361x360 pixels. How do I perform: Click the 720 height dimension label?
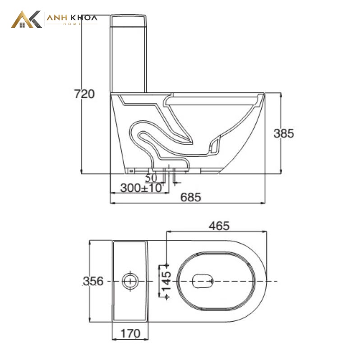[x=84, y=94]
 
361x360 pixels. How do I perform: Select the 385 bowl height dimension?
[x=284, y=133]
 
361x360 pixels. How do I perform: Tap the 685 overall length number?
[x=190, y=197]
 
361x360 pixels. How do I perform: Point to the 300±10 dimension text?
[x=141, y=188]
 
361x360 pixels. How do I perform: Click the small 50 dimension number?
[x=151, y=178]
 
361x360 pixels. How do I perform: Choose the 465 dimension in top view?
[x=219, y=226]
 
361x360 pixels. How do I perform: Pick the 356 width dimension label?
[x=93, y=281]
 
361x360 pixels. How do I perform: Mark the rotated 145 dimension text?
[x=167, y=281]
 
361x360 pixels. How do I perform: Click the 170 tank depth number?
[x=130, y=333]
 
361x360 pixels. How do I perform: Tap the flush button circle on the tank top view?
[x=130, y=281]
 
